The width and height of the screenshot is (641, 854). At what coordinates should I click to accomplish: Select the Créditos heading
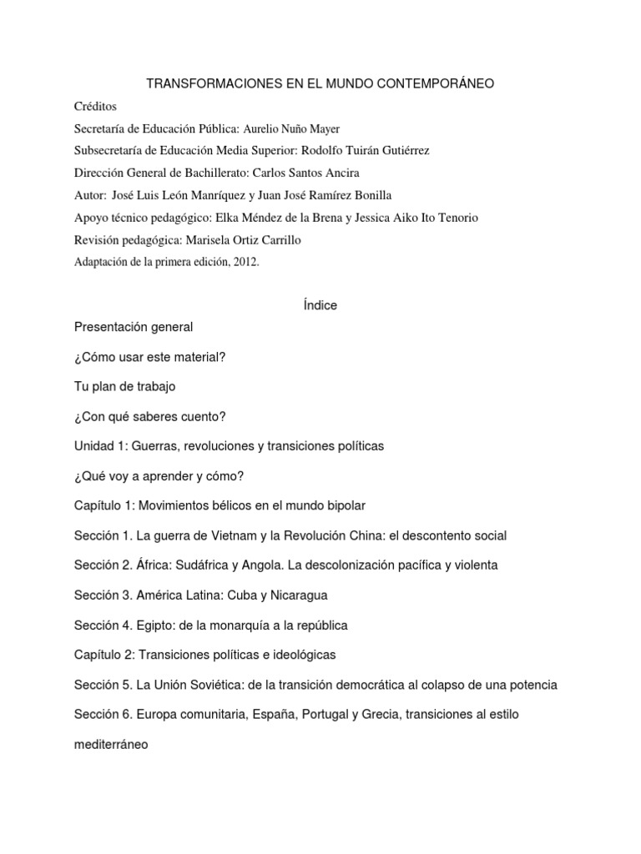96,107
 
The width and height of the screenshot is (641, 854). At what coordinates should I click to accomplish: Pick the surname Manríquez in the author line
234,196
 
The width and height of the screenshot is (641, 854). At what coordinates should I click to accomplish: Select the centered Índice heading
320,305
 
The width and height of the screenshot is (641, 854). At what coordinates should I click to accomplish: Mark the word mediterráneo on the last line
111,745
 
